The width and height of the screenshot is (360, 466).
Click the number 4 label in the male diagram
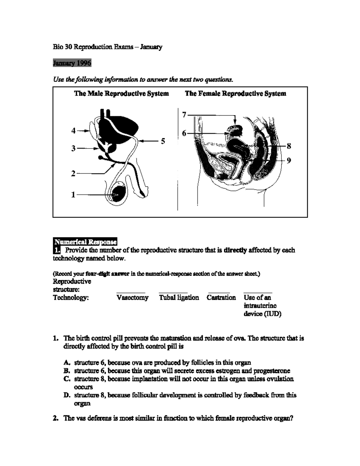point(73,131)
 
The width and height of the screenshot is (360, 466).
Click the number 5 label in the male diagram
point(163,141)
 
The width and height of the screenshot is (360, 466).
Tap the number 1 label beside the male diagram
point(73,195)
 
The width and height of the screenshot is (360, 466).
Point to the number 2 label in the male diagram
point(73,173)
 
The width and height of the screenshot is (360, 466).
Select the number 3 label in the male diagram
point(73,148)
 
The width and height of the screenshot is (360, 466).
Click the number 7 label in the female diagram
point(184,115)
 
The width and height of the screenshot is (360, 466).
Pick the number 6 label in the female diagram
point(184,133)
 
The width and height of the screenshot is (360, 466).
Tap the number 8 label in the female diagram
point(289,146)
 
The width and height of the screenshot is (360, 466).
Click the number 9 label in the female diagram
point(289,161)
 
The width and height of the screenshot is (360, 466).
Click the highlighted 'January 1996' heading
point(72,63)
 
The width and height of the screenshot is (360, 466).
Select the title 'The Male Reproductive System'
point(121,94)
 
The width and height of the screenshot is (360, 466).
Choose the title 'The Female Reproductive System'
point(235,94)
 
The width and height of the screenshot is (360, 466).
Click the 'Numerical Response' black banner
point(85,242)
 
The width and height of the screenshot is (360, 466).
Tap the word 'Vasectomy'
point(132,298)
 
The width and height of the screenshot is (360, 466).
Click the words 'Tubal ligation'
point(179,298)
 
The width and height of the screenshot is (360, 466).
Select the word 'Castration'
point(221,298)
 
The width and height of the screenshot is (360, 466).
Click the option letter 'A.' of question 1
point(67,363)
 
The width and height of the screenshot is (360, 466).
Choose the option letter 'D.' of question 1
point(67,395)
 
